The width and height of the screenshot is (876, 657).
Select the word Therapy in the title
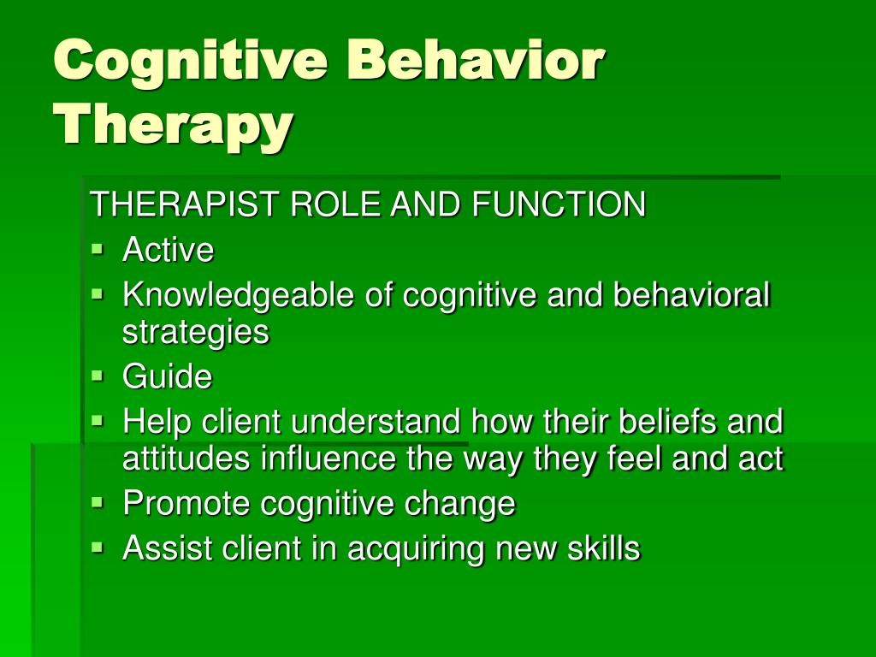(x=173, y=125)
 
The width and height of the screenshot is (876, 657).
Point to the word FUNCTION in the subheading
(x=559, y=204)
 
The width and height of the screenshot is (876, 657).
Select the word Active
(x=169, y=249)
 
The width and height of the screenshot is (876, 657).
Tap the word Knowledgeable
(x=238, y=296)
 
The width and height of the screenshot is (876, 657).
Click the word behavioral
(x=691, y=294)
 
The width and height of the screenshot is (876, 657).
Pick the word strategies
(x=196, y=333)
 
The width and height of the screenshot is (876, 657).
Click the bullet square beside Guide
(x=98, y=375)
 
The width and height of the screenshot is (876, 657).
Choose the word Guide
(x=168, y=376)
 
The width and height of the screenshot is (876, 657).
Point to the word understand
(x=376, y=421)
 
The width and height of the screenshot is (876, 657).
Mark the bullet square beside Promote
(x=98, y=501)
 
